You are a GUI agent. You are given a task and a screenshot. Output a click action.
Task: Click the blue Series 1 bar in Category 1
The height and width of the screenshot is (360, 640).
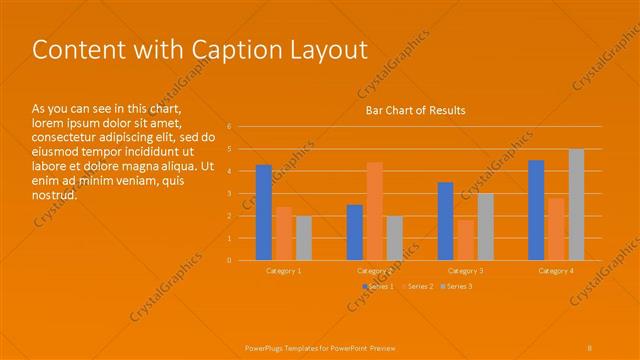coord(263,212)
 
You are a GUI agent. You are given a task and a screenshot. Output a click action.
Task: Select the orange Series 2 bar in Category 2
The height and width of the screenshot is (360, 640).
coord(374,211)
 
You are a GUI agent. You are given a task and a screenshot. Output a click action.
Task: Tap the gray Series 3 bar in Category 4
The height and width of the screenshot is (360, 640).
coord(576,204)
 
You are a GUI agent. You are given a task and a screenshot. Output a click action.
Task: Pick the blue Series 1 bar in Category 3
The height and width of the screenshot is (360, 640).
coord(445,221)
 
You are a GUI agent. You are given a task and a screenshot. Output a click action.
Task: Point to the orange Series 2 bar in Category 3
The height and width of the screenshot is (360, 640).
coord(465,240)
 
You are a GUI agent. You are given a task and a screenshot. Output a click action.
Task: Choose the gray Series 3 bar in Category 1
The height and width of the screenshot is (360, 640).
coord(304,238)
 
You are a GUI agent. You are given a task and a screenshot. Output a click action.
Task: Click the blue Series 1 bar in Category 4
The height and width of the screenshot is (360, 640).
coord(536,210)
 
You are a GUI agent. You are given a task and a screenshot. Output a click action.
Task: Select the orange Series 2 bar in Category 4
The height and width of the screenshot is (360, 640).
coord(556,229)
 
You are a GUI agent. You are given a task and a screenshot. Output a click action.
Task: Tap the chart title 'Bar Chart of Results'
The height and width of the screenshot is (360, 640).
coord(415,110)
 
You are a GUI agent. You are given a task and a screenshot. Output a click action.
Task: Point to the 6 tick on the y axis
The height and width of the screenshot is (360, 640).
coord(229,127)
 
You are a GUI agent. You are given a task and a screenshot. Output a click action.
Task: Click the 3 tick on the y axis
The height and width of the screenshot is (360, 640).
coord(229,194)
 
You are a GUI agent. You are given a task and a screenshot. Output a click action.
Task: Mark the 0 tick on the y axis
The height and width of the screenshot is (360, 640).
coord(229,260)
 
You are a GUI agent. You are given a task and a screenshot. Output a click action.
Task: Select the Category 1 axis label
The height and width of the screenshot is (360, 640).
coord(284,271)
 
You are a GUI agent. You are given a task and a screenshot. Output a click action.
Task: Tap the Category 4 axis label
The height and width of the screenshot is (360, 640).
coord(556,271)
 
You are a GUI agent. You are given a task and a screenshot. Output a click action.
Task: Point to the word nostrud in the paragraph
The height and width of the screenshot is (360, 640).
coord(54,194)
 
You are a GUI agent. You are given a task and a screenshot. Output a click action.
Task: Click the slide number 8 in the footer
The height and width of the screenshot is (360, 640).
coord(590,347)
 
